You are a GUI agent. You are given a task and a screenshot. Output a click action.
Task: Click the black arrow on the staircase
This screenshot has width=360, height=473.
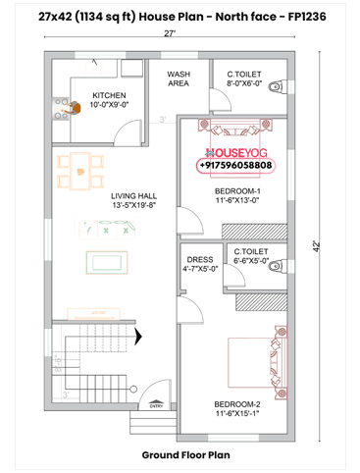tap(137, 336)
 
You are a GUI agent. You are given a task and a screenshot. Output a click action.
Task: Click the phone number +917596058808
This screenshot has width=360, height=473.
tap(238, 167)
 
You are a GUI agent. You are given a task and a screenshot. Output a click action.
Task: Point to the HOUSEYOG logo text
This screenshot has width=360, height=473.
tap(238, 153)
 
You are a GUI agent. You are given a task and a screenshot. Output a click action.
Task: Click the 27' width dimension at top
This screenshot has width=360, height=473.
tap(171, 34)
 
